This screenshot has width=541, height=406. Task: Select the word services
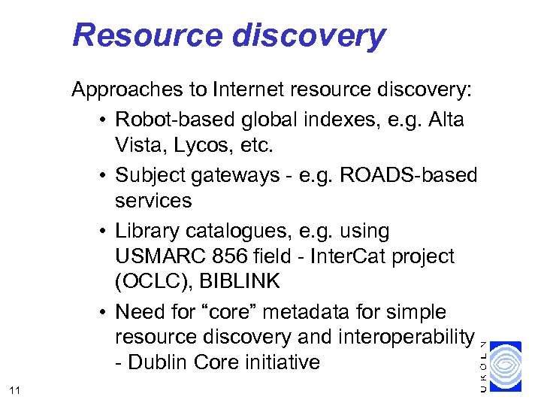(x=153, y=201)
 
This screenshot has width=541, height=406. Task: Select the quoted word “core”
(x=239, y=311)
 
